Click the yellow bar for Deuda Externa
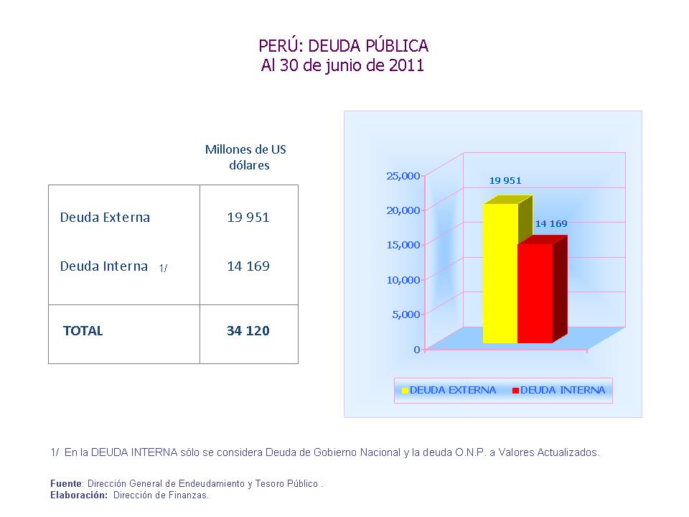pyautogui.click(x=500, y=273)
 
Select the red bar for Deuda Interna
pyautogui.click(x=535, y=293)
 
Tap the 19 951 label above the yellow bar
pyautogui.click(x=505, y=181)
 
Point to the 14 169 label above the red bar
pyautogui.click(x=551, y=223)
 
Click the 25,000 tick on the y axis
pyautogui.click(x=403, y=176)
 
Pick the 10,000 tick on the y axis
pyautogui.click(x=403, y=280)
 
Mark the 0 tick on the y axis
pyautogui.click(x=416, y=350)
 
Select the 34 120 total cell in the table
pyautogui.click(x=248, y=331)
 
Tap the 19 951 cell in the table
pyautogui.click(x=248, y=218)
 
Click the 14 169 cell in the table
pyautogui.click(x=248, y=266)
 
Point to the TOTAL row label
pyautogui.click(x=83, y=331)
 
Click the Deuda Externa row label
pyautogui.click(x=105, y=218)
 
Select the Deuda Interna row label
pyautogui.click(x=104, y=266)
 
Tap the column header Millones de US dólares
pyautogui.click(x=245, y=157)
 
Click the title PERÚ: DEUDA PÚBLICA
pyautogui.click(x=343, y=46)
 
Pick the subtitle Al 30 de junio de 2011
pyautogui.click(x=343, y=66)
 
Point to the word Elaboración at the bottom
pyautogui.click(x=79, y=495)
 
